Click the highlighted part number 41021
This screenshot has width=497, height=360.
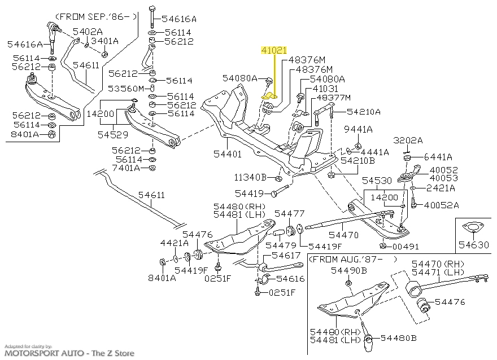(273, 50)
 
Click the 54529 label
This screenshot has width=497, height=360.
(112, 135)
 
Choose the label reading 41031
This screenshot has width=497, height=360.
(325, 89)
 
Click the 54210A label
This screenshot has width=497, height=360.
(364, 112)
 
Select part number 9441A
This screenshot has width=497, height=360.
(362, 129)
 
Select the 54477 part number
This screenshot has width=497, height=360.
(289, 213)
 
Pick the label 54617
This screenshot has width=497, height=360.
(288, 256)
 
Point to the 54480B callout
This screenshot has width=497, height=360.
(399, 339)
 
